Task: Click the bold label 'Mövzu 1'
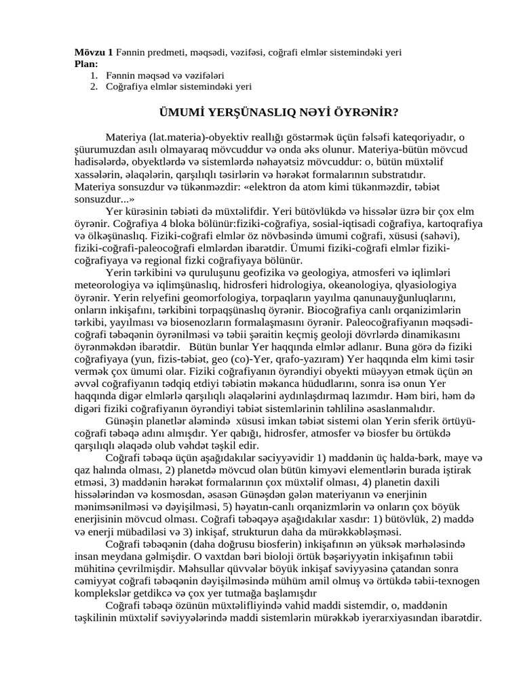pyautogui.click(x=94, y=52)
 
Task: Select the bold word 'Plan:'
pyautogui.click(x=87, y=64)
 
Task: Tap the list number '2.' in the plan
pyautogui.click(x=94, y=87)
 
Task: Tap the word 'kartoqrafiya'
pyautogui.click(x=450, y=223)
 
